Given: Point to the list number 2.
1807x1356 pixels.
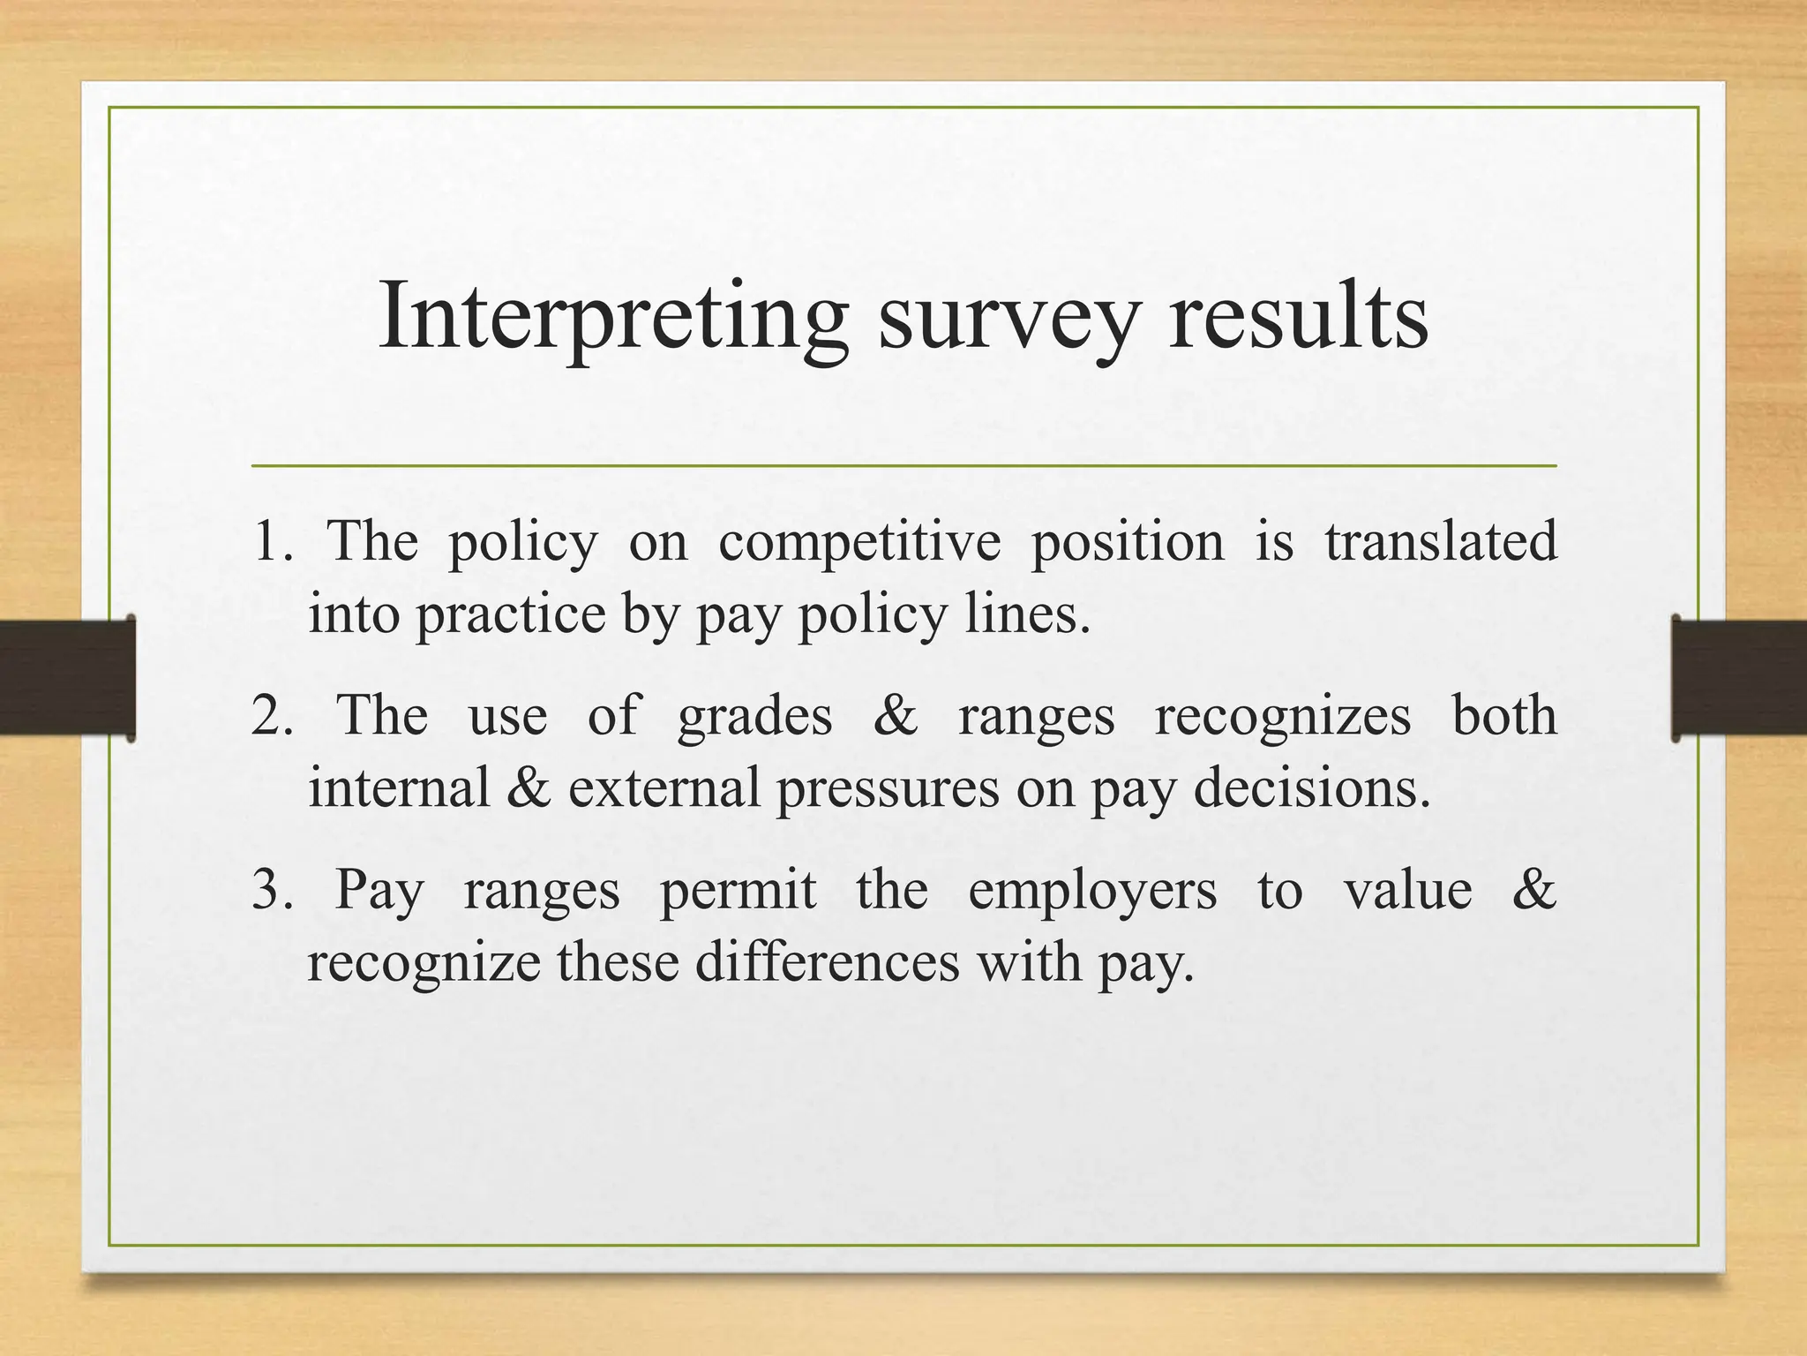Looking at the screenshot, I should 269,715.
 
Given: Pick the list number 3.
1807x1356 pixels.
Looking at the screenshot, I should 268,889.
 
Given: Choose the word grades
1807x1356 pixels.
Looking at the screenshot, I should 754,715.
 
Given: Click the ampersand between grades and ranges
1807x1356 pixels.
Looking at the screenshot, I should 895,715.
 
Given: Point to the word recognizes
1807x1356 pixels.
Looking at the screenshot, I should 1283,715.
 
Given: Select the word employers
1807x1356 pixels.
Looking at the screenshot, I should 1092,890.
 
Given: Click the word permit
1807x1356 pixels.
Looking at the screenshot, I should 738,890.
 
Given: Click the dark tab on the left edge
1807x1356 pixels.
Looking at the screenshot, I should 67,678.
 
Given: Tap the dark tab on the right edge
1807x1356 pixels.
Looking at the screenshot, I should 1738,678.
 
